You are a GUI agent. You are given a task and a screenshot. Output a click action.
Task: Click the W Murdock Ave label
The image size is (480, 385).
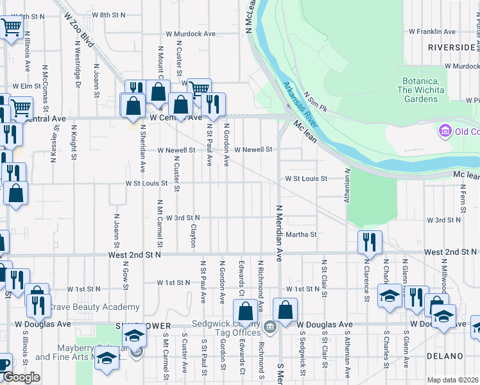click(x=191, y=33)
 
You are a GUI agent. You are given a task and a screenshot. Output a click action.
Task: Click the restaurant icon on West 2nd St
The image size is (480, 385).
click(x=370, y=242)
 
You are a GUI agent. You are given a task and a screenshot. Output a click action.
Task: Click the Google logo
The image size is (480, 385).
click(x=21, y=377)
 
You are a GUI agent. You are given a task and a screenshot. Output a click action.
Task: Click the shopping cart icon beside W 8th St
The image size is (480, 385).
click(x=11, y=28)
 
